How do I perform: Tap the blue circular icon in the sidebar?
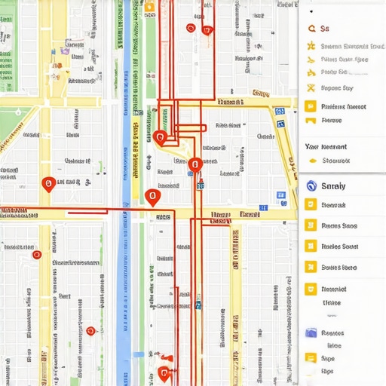click(x=309, y=186)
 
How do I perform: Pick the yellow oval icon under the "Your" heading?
click(x=311, y=160)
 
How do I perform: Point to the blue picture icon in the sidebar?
click(x=310, y=332)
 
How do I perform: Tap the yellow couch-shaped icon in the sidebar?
click(x=310, y=120)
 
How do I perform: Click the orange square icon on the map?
click(x=149, y=7)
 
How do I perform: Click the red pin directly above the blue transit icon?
click(x=195, y=164)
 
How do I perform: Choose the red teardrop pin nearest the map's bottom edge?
click(x=164, y=373)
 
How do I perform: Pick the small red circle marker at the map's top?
click(x=189, y=29)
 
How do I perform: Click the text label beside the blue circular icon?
click(x=332, y=186)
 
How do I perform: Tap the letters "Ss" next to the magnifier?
click(x=325, y=29)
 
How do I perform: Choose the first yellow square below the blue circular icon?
click(x=310, y=204)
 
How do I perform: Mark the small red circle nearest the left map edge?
click(x=36, y=255)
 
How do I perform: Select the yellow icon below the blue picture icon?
click(x=310, y=357)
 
